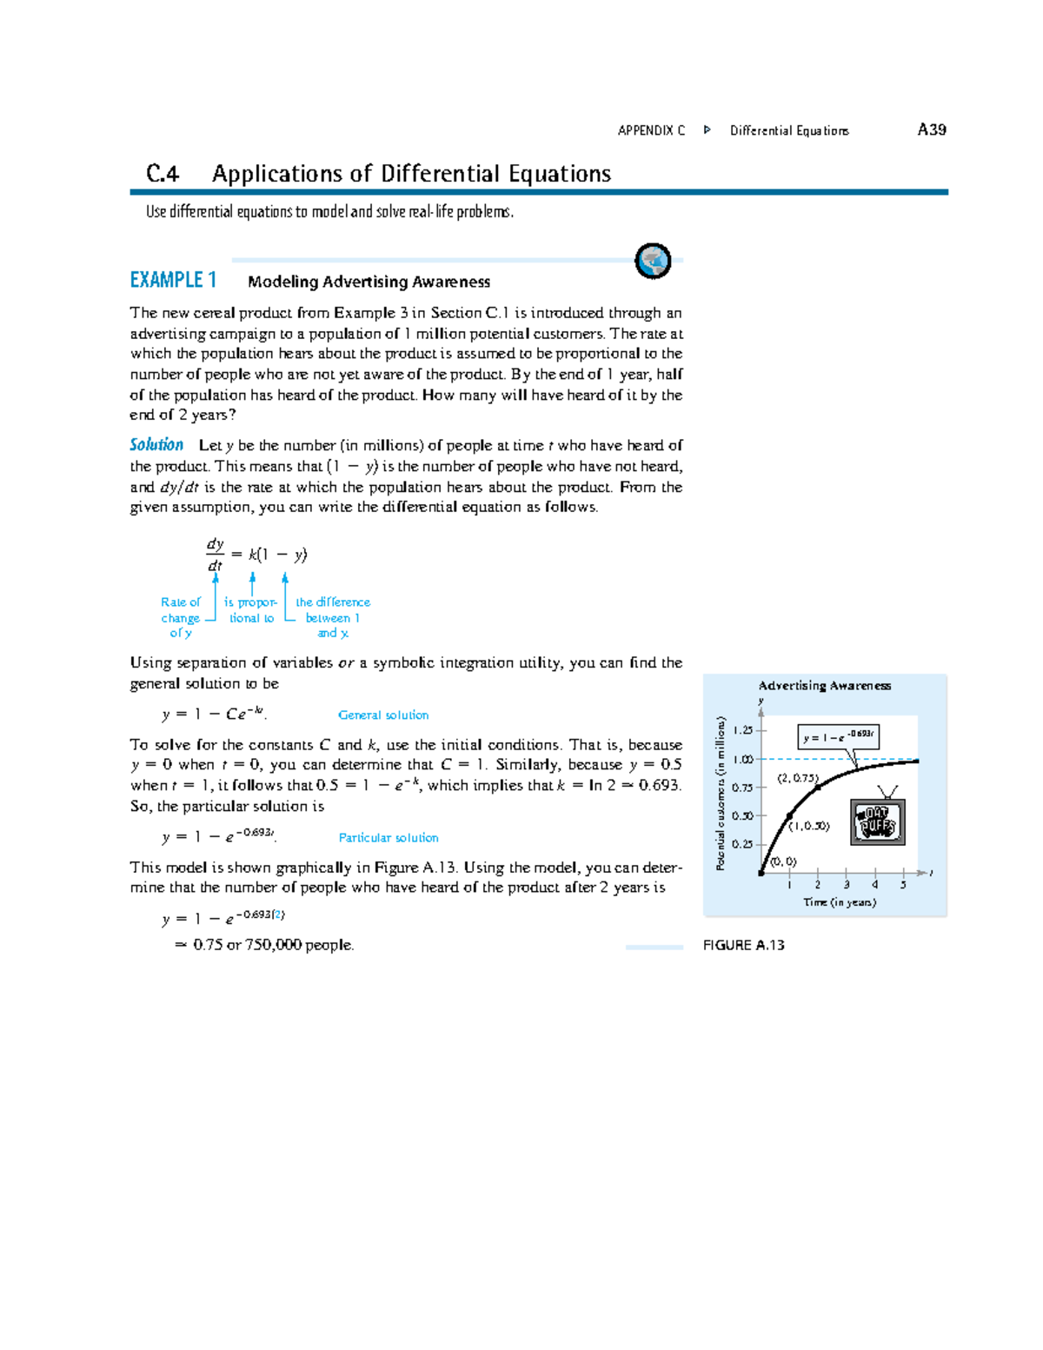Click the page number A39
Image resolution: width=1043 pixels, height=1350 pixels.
(x=932, y=130)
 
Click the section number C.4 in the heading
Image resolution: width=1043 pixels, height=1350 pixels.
(x=163, y=174)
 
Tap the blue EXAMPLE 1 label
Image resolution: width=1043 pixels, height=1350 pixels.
(x=173, y=280)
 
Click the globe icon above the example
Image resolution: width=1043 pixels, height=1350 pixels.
(x=653, y=261)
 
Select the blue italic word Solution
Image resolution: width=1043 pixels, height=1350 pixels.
(x=156, y=445)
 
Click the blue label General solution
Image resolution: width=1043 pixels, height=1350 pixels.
(x=382, y=715)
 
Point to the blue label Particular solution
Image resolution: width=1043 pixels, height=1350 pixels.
(x=389, y=838)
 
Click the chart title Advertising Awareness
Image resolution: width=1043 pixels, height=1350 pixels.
(x=824, y=686)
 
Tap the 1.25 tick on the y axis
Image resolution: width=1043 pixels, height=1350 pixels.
(x=742, y=730)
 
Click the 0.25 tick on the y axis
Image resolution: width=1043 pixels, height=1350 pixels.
(x=742, y=844)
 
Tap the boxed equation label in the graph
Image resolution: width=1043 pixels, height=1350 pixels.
(x=839, y=736)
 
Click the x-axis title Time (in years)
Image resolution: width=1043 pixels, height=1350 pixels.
(x=840, y=902)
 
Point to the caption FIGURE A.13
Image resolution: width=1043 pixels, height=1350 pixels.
(x=743, y=945)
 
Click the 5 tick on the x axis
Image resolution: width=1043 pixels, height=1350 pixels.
(x=903, y=885)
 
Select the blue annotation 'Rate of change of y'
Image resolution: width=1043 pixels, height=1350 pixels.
(x=181, y=617)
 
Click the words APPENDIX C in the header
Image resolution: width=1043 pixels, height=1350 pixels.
(x=651, y=130)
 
